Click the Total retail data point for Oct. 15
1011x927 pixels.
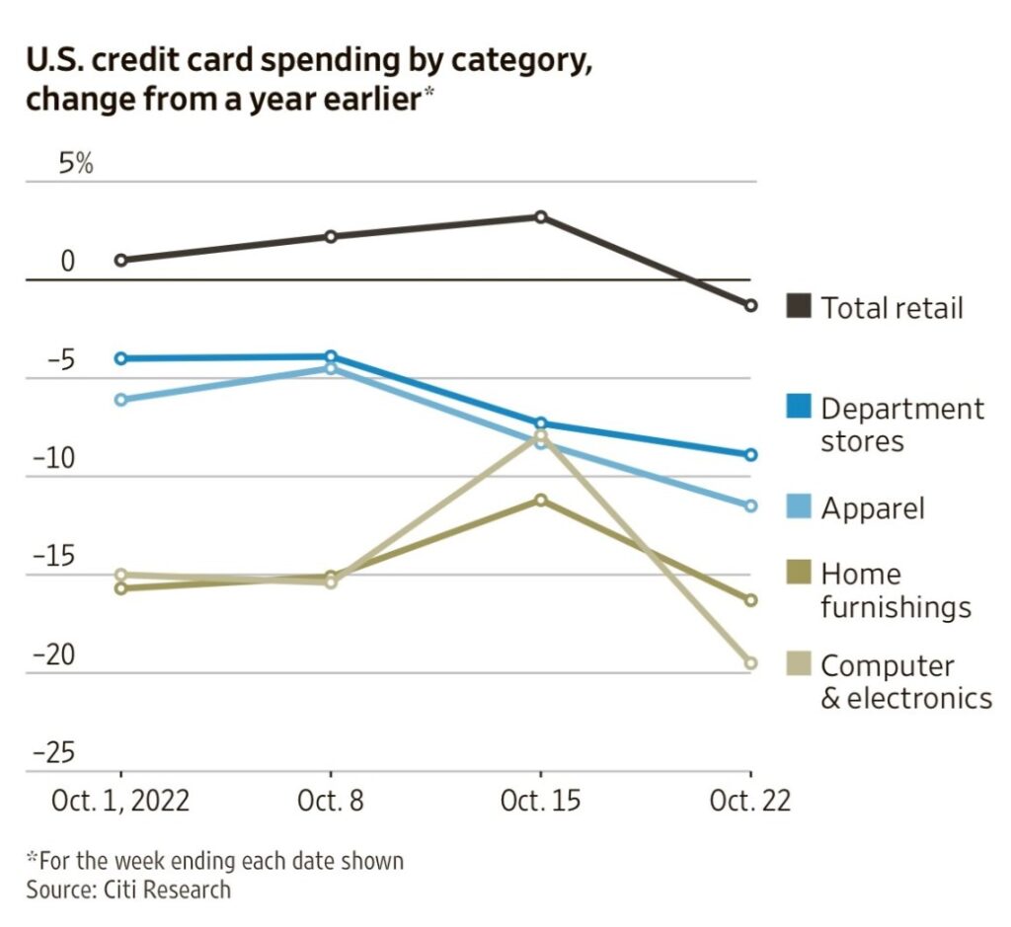[541, 216]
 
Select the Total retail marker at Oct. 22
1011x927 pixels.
[750, 306]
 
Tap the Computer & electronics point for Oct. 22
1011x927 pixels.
[750, 663]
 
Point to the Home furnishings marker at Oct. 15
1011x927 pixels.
[541, 500]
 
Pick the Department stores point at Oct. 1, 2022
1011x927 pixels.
[120, 358]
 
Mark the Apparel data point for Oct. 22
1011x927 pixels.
[750, 505]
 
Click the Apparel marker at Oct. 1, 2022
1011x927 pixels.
[120, 400]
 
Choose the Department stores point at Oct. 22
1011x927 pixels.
[750, 455]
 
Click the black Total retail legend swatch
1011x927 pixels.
[799, 306]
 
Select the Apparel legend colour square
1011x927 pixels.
[799, 507]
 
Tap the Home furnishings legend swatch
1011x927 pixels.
[799, 573]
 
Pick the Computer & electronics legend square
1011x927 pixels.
[799, 664]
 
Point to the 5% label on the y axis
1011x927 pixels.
[75, 164]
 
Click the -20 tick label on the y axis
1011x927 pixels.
[54, 656]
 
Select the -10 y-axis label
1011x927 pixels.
[54, 459]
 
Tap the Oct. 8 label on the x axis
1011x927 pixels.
[330, 801]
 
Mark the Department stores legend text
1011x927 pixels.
[901, 425]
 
